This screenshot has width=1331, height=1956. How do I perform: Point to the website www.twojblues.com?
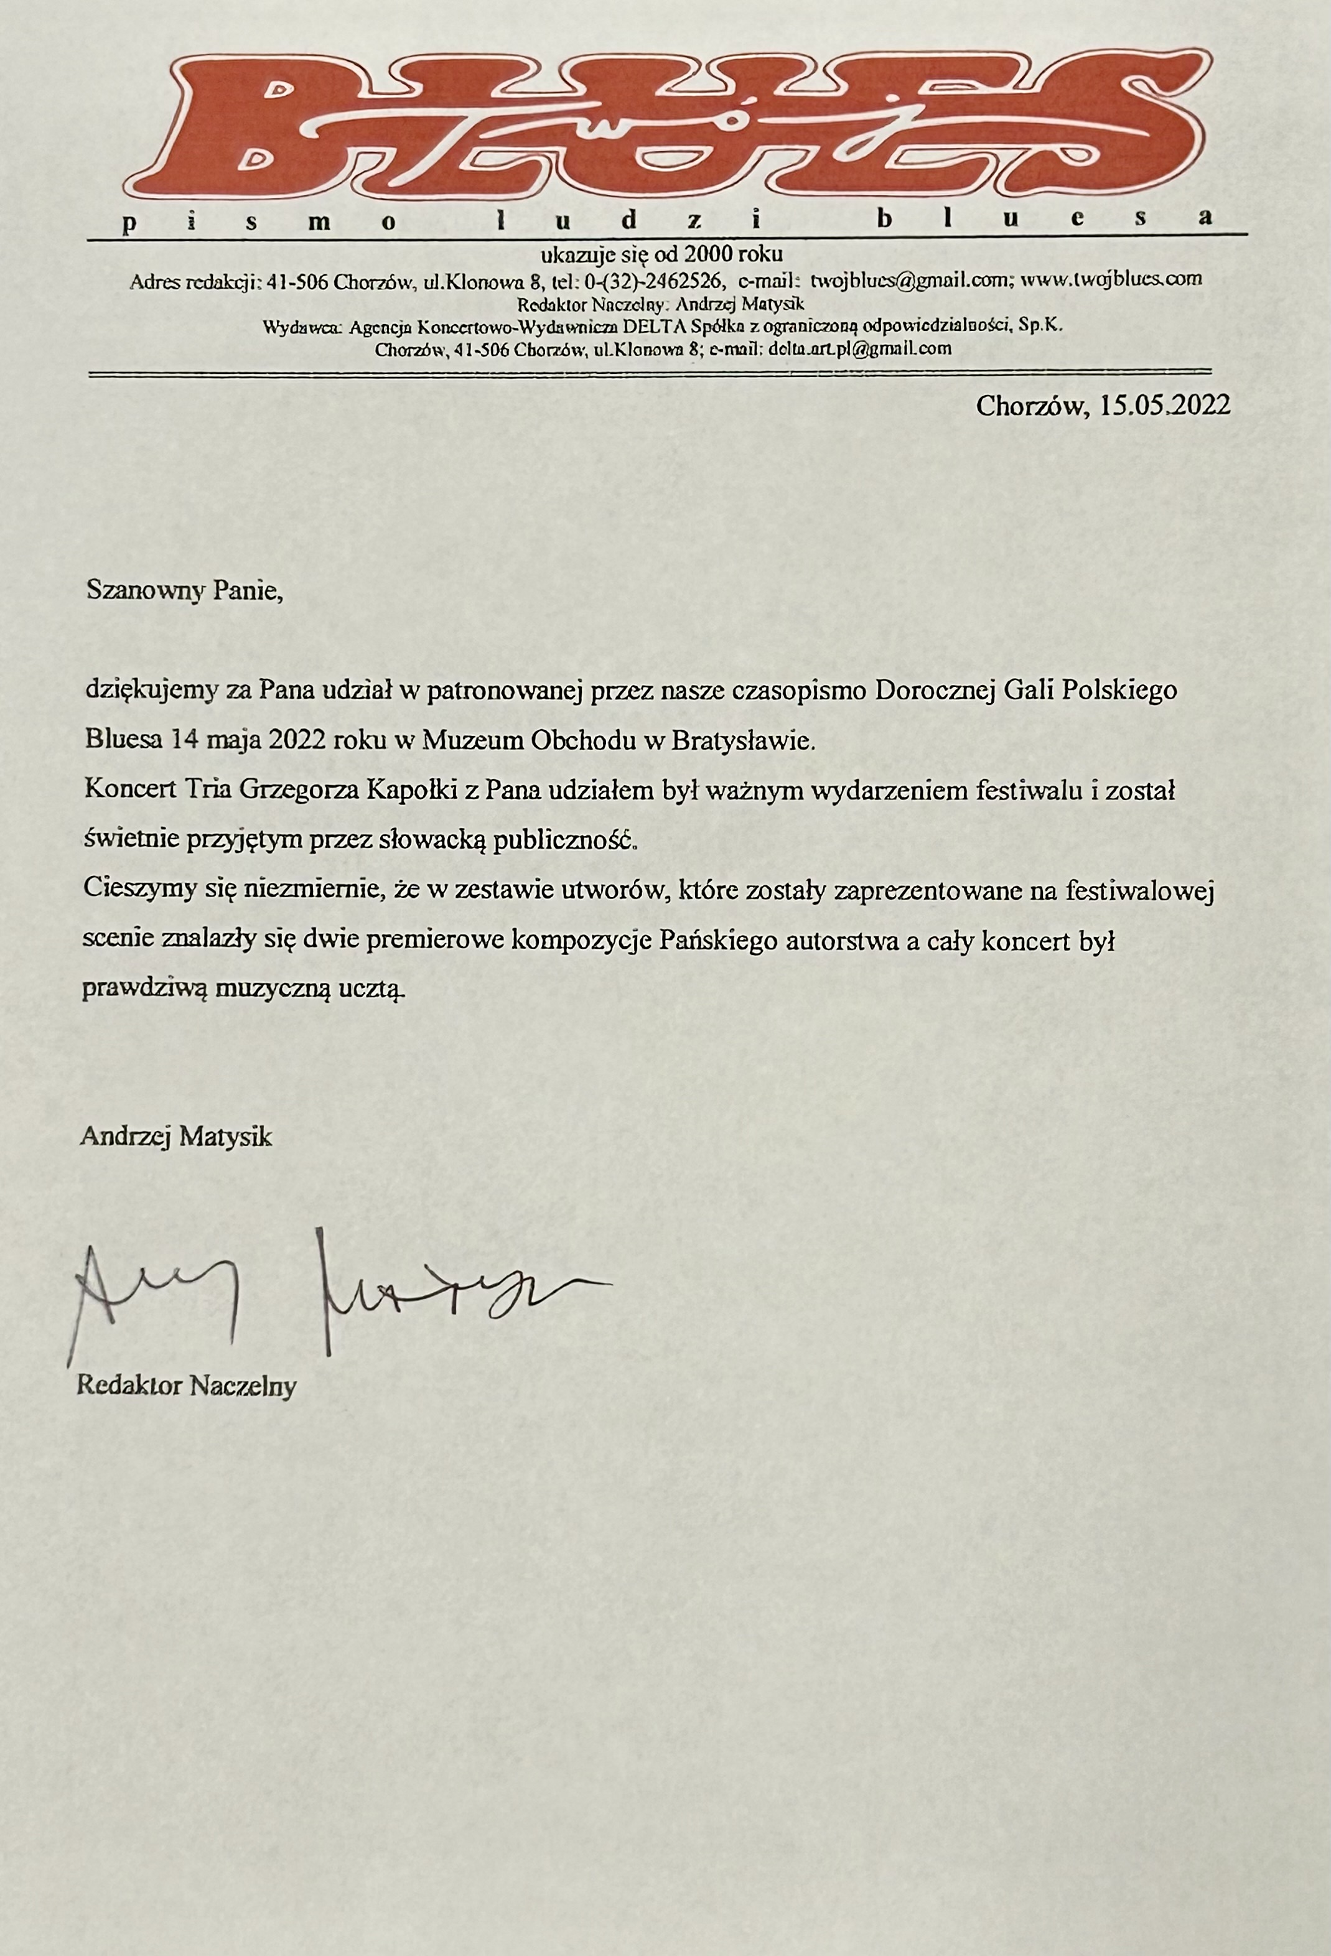tap(1111, 279)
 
